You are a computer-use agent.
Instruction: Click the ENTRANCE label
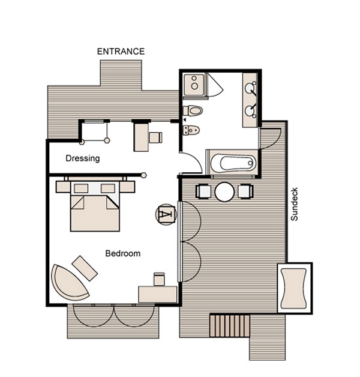121,52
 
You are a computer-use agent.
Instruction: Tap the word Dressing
83,158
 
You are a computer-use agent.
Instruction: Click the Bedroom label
123,253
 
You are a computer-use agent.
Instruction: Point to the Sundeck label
294,204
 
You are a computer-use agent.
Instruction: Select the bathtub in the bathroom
233,163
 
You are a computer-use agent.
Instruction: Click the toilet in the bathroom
193,111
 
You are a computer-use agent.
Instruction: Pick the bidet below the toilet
191,130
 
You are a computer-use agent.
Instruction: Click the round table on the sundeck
224,192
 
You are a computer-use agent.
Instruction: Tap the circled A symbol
166,214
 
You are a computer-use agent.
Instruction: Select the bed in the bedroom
95,206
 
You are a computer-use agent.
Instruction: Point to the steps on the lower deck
230,326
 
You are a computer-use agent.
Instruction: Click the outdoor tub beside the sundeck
295,288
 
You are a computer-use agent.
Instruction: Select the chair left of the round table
203,192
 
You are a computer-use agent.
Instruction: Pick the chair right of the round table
245,192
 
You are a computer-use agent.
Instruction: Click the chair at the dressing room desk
155,137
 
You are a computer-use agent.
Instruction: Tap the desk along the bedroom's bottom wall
158,294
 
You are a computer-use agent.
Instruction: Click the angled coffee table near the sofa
85,268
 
